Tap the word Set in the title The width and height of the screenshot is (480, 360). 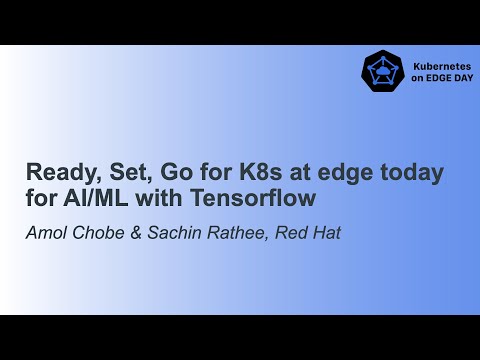click(120, 172)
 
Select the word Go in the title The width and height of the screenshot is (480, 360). click(164, 172)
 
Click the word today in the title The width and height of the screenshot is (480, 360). click(413, 172)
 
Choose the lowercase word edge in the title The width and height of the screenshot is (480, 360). click(350, 172)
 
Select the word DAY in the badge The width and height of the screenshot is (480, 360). click(461, 77)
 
